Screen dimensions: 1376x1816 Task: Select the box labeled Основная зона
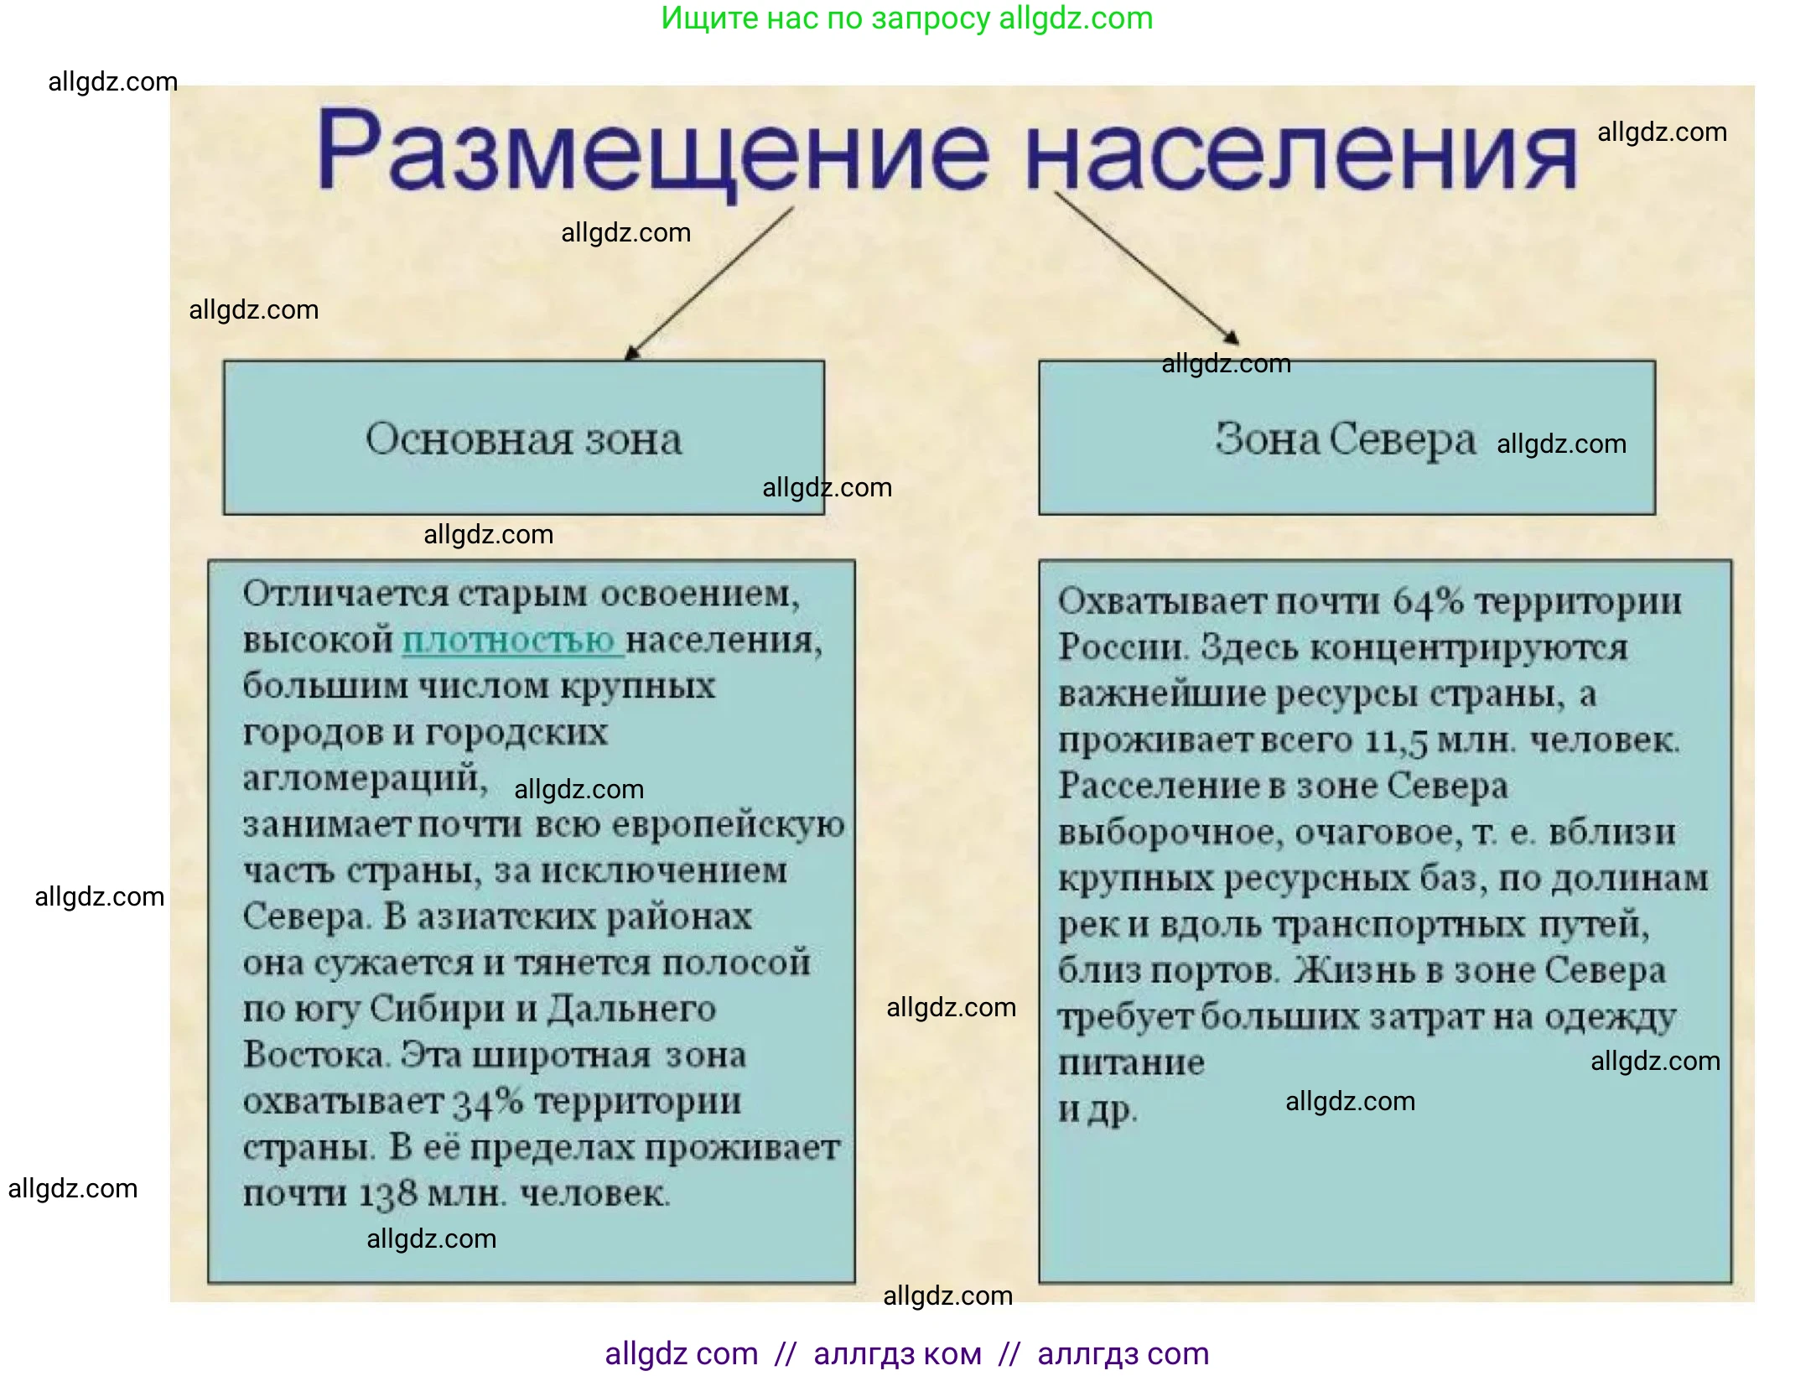coord(523,438)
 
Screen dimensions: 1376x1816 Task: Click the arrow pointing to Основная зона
coord(709,285)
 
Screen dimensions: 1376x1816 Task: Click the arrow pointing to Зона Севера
coord(1145,267)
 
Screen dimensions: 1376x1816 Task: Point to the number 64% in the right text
coord(1427,601)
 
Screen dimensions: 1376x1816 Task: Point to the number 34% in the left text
coord(488,1102)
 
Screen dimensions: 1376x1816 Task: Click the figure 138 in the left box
coord(387,1194)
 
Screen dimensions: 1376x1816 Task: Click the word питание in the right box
coord(1130,1063)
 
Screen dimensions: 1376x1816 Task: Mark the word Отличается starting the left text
coord(345,595)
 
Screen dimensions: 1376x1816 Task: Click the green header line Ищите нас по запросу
coord(906,18)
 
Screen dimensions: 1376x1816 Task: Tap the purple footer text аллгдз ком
coord(897,1354)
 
